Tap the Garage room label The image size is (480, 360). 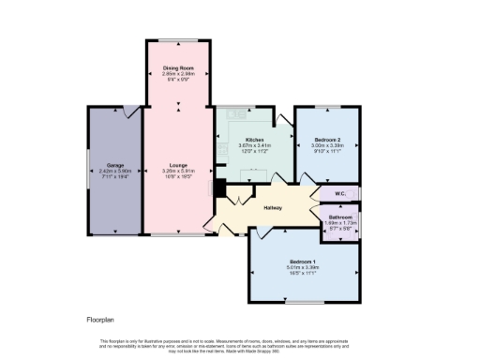click(114, 164)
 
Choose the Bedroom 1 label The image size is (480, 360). click(303, 260)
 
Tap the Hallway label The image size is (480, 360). click(274, 208)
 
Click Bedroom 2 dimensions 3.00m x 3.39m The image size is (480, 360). click(328, 145)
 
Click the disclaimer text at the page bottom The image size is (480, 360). click(240, 344)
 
